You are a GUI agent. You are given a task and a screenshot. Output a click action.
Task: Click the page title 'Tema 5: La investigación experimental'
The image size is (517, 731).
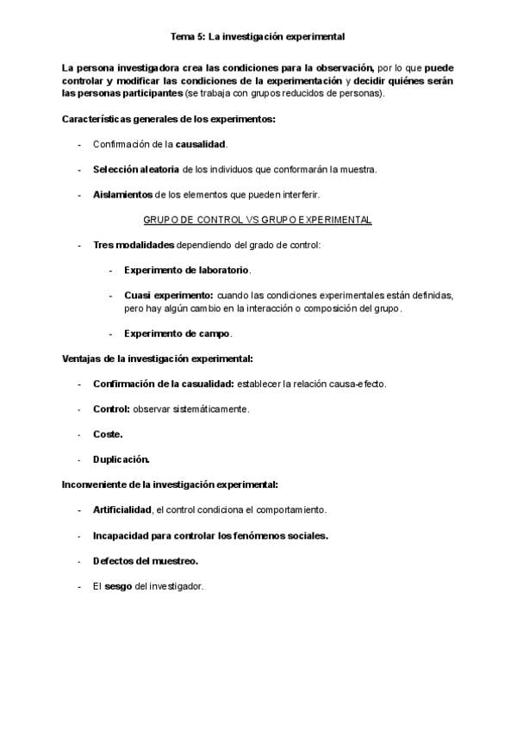[258, 37]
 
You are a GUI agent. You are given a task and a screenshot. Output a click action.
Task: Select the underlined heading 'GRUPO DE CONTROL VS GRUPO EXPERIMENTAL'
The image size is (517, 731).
[258, 220]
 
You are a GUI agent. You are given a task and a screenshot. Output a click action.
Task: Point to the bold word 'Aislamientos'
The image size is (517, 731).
[122, 195]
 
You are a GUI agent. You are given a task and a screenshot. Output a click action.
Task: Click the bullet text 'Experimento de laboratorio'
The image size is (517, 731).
[186, 270]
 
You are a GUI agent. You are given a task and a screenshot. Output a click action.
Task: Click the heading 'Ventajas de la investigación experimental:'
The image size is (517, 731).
[158, 358]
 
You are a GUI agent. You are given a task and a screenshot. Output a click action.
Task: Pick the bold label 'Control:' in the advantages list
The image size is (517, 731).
[111, 409]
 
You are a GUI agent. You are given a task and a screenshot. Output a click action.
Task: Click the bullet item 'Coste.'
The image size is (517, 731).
[108, 434]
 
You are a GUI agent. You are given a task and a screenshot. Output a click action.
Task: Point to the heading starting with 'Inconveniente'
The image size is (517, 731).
[170, 484]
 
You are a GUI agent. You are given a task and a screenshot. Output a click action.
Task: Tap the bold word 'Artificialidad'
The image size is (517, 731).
[122, 509]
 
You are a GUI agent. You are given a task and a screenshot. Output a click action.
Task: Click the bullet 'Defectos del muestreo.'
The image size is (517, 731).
[146, 560]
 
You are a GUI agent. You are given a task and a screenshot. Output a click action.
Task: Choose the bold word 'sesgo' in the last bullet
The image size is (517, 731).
[118, 586]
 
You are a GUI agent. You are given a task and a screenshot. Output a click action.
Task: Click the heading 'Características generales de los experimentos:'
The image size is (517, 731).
[169, 118]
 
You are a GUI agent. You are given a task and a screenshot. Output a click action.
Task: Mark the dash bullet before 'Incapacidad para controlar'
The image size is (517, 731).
[80, 535]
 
